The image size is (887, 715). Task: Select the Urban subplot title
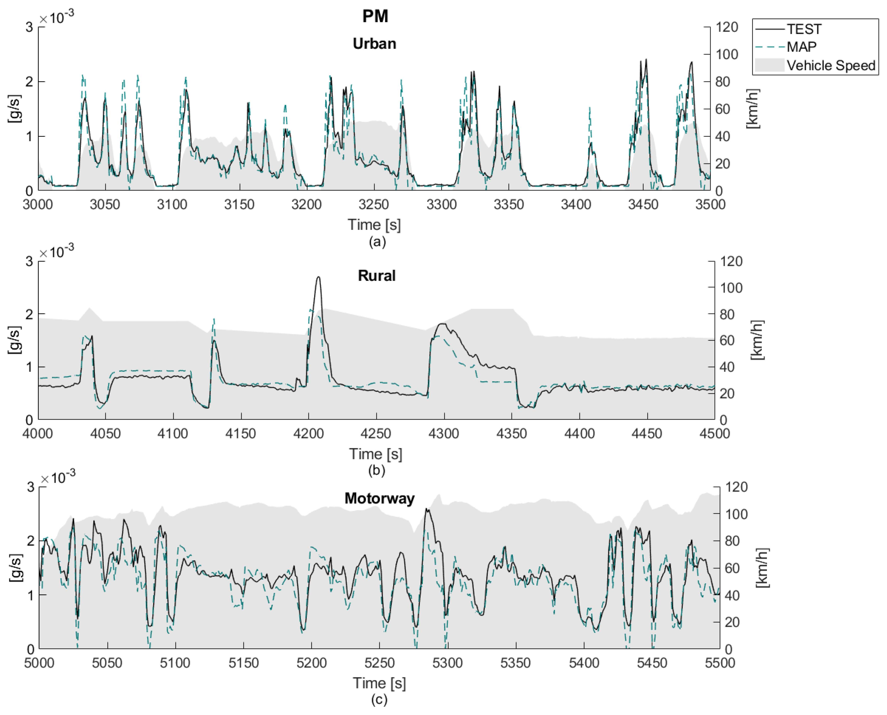tap(374, 44)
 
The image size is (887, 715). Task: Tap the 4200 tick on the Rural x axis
tap(308, 433)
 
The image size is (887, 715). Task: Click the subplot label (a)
tap(377, 241)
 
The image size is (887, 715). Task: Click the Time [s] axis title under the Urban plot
tap(374, 225)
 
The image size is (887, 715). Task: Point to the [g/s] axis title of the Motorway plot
tap(15, 568)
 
